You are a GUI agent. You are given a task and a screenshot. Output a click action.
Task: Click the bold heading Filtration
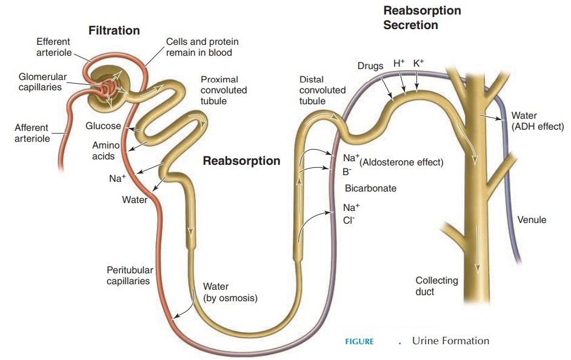114,30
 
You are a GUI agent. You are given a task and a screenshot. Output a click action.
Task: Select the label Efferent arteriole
53,47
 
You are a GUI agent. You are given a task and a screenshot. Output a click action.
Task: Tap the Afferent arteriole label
32,133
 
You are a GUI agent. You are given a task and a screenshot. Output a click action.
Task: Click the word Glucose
103,127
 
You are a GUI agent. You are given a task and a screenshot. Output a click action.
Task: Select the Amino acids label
105,151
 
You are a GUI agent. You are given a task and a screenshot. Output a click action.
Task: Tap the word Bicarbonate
370,188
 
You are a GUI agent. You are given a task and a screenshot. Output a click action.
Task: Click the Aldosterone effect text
402,162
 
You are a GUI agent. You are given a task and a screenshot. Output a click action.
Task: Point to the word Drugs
370,65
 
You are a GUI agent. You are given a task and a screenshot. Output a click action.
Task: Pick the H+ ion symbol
399,63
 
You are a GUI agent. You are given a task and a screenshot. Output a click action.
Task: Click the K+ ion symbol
418,63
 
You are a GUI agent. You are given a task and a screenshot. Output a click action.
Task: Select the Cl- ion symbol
349,221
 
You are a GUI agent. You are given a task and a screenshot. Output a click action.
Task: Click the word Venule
532,220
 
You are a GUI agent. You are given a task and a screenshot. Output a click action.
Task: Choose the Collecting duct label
436,286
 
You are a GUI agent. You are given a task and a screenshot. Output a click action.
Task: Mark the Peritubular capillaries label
130,276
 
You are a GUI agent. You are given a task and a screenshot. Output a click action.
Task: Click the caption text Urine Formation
450,341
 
